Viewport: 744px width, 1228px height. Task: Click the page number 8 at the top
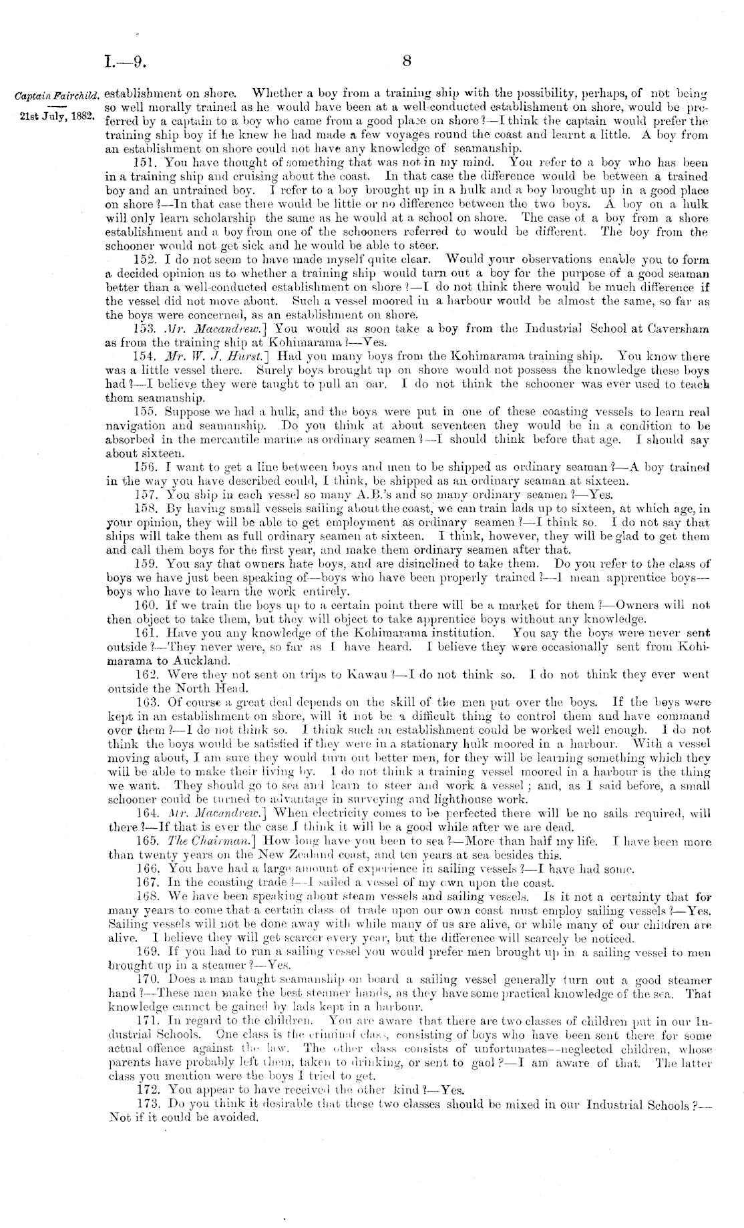[x=407, y=62]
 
